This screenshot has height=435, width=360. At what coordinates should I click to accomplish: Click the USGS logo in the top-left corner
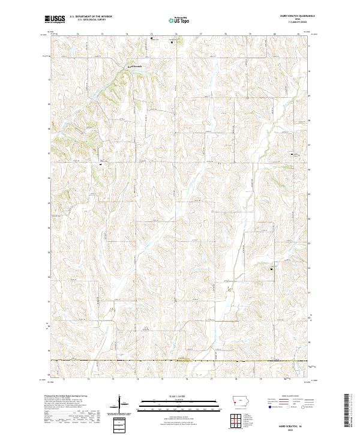pyautogui.click(x=55, y=19)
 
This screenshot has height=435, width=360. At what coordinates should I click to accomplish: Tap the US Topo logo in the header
pyautogui.click(x=179, y=19)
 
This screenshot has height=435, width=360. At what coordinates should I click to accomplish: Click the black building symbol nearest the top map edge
pyautogui.click(x=151, y=38)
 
